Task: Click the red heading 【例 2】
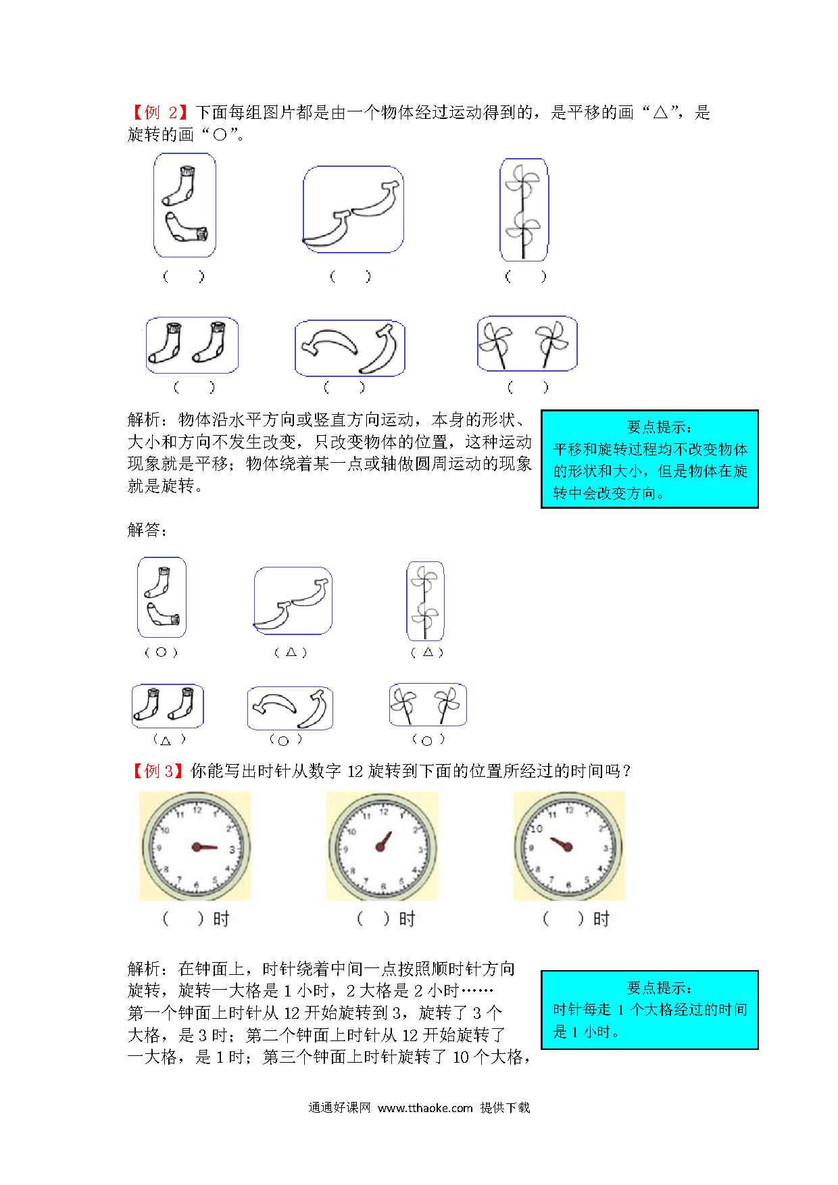tap(159, 113)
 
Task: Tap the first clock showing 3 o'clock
tap(196, 847)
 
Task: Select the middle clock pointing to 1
tap(383, 847)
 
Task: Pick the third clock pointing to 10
tap(569, 847)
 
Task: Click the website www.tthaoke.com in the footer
tap(425, 1108)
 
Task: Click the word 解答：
tap(147, 530)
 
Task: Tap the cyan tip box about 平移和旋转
tap(649, 459)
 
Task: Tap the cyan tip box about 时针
tap(649, 1010)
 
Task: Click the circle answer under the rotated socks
tap(161, 653)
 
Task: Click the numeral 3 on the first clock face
tap(232, 849)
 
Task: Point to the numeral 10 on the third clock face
tap(537, 829)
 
